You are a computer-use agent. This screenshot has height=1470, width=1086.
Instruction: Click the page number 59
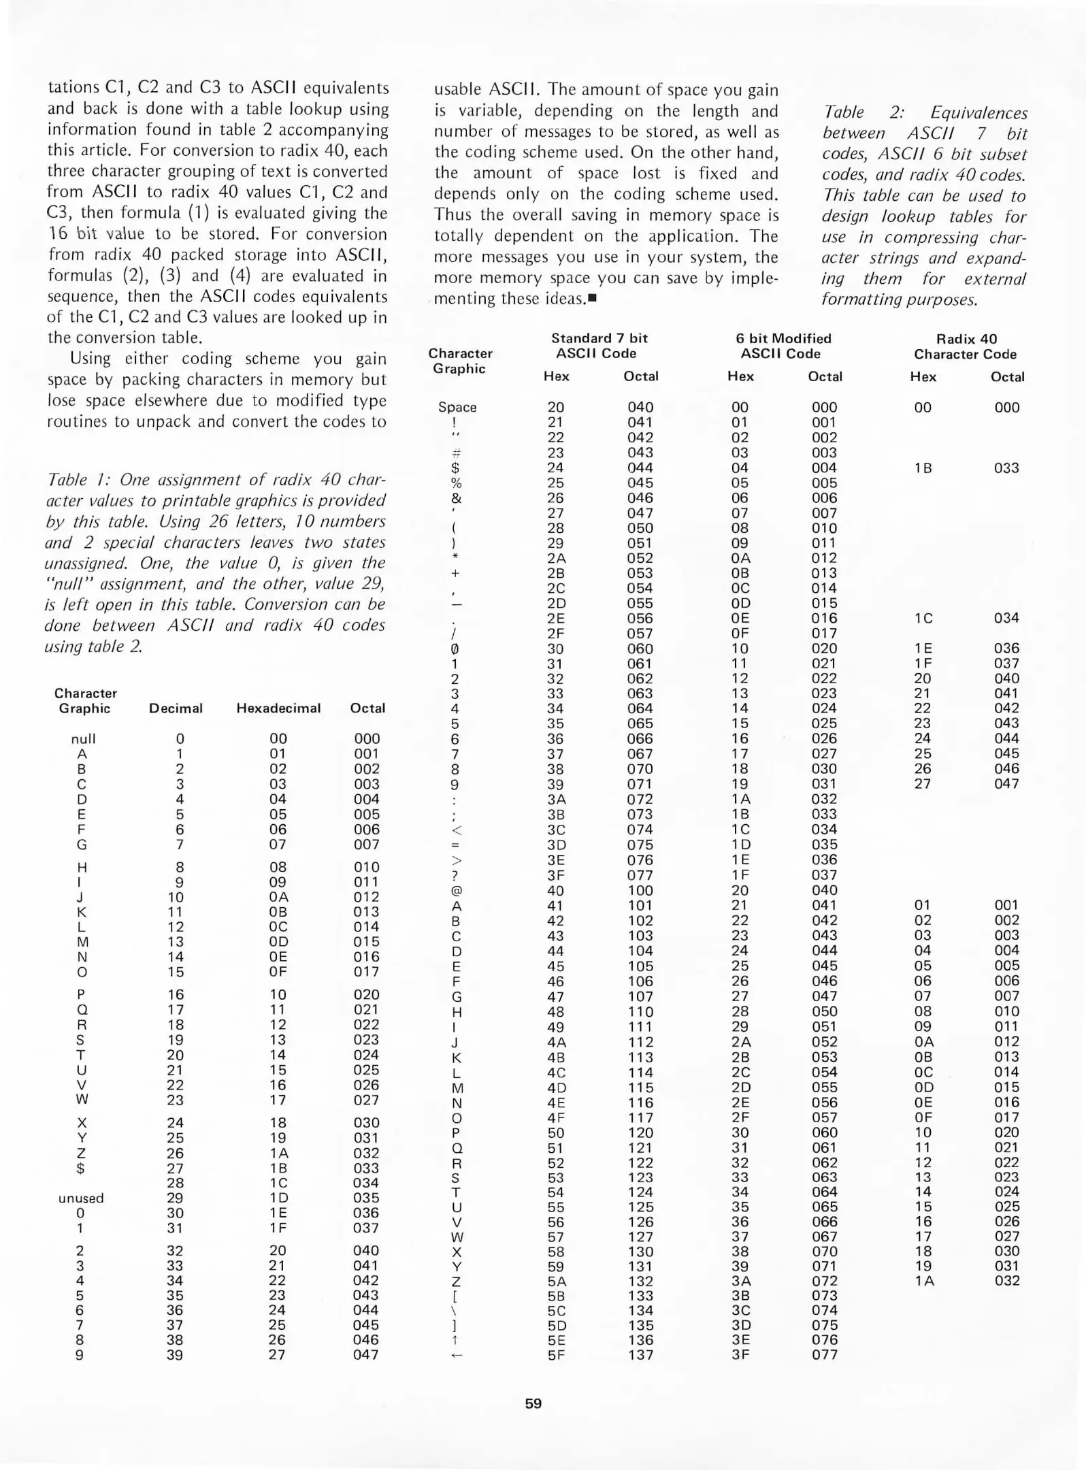[533, 1403]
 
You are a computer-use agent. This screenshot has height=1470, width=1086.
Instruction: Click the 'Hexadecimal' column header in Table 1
[278, 708]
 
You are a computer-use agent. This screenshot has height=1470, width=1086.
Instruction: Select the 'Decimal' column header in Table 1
[176, 708]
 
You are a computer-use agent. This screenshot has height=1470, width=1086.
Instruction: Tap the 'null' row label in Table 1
[83, 739]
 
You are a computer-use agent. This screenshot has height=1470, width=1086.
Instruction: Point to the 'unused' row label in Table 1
[81, 1198]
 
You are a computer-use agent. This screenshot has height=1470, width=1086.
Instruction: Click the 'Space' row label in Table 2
[457, 407]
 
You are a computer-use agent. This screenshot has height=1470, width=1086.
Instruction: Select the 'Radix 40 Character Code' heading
[965, 346]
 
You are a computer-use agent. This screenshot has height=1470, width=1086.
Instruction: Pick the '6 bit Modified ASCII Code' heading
[783, 346]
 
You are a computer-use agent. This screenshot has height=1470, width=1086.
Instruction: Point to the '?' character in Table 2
[457, 876]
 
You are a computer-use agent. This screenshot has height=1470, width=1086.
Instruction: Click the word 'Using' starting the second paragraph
[90, 359]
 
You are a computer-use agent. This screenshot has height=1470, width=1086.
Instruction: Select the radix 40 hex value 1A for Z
[923, 1281]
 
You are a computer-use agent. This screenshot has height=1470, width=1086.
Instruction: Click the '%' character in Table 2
[457, 483]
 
